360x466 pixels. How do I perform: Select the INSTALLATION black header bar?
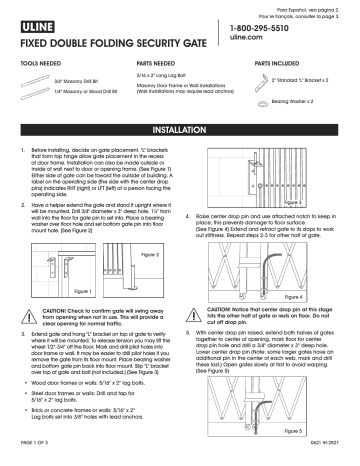click(x=180, y=131)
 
